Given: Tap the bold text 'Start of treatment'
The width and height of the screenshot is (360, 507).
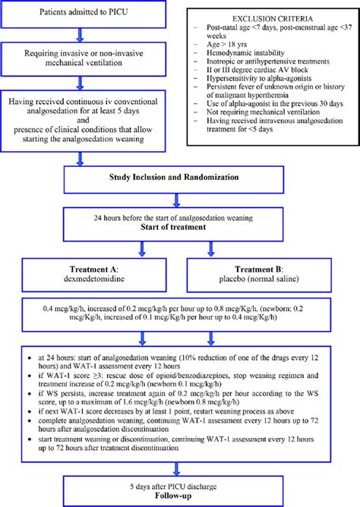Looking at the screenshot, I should pos(179,225).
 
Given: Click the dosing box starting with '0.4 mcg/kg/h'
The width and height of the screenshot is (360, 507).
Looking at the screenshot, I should pos(179,317).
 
